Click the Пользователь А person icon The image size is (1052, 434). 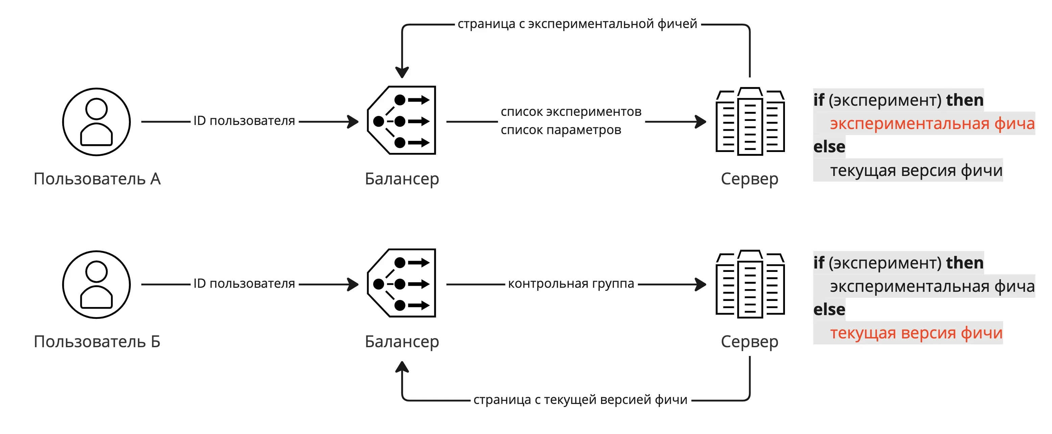(x=96, y=122)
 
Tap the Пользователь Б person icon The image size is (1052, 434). (x=96, y=284)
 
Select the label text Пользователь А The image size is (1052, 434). (x=97, y=179)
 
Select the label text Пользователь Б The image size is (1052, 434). (x=97, y=341)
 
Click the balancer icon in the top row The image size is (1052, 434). (x=402, y=120)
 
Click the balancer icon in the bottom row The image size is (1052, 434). (x=402, y=283)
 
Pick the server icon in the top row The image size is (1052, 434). (x=750, y=121)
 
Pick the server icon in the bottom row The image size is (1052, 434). (x=750, y=284)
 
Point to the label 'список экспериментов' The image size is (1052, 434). (x=571, y=111)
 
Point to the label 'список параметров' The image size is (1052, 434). (x=561, y=130)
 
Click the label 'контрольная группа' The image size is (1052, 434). (x=571, y=283)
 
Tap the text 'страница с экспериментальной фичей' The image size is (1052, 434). (x=577, y=24)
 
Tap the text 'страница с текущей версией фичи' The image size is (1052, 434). (x=580, y=400)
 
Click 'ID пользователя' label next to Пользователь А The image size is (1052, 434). (x=244, y=121)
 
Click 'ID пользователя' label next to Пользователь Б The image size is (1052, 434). (x=244, y=283)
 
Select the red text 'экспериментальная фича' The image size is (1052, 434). (x=932, y=123)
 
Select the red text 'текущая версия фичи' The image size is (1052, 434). (x=916, y=333)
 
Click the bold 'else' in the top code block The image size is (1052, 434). (x=829, y=147)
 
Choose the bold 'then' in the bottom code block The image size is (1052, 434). (x=964, y=263)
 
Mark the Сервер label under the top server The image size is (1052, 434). (x=749, y=179)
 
